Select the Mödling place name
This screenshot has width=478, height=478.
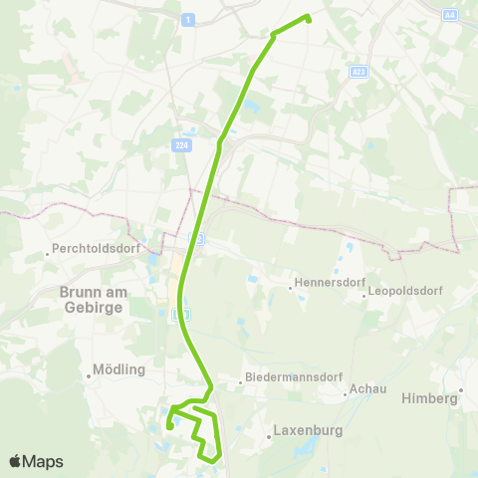tap(119, 368)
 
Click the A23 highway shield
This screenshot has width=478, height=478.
tap(359, 72)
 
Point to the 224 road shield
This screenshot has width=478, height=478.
tap(180, 145)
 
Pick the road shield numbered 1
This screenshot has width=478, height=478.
tap(188, 20)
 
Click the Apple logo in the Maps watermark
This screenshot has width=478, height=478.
tap(16, 461)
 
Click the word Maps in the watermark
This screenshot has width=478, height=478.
tap(44, 461)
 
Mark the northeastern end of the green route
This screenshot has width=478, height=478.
tap(308, 18)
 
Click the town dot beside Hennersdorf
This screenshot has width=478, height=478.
tap(290, 289)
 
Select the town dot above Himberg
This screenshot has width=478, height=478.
tap(461, 389)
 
